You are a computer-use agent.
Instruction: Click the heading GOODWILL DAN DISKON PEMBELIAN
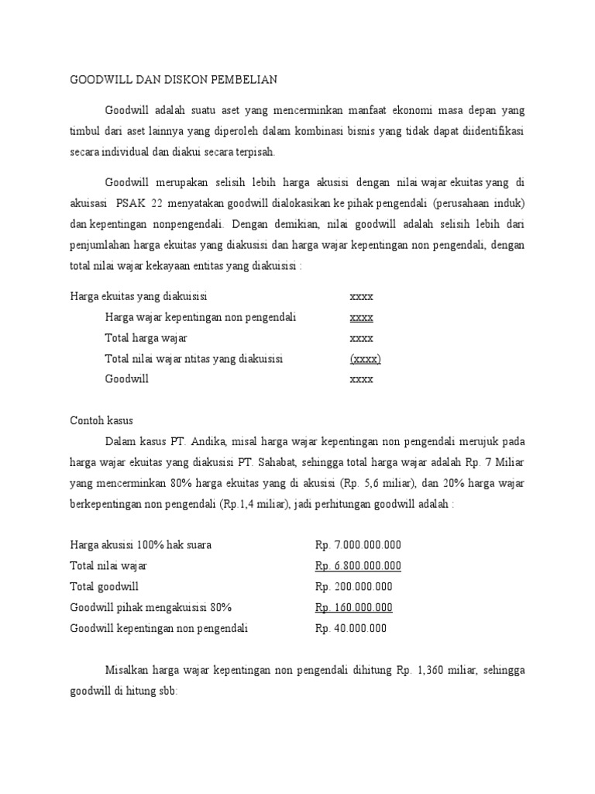pos(174,79)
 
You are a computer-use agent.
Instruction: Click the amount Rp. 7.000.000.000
pos(358,545)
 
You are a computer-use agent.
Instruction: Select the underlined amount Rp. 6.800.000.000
pos(358,566)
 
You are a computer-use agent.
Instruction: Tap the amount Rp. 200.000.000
pos(354,587)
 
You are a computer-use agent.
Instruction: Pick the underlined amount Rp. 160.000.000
pos(354,608)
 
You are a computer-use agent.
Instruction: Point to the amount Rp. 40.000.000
pos(351,629)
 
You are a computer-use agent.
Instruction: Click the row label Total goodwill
pos(105,587)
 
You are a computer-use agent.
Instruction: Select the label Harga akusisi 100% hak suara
pos(140,545)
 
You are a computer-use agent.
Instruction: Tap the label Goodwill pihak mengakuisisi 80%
pos(150,608)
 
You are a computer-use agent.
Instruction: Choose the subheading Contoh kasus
pos(101,421)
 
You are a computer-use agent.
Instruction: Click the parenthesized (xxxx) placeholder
pos(365,359)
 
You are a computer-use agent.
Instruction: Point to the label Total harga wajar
pos(146,338)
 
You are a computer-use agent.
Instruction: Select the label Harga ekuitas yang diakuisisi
pos(138,296)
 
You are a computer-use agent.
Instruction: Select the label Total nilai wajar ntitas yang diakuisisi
pos(194,359)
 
